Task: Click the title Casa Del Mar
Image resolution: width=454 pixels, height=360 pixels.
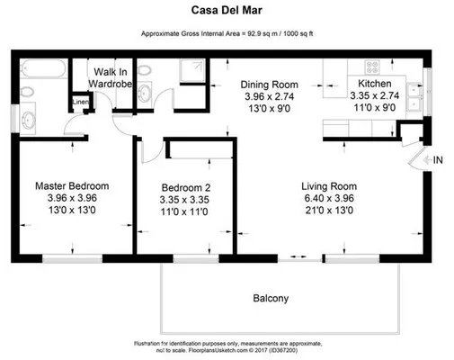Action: [x=227, y=13]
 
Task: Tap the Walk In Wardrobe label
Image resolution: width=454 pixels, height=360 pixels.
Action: [x=111, y=76]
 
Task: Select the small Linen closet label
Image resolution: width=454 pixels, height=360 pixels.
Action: [x=81, y=103]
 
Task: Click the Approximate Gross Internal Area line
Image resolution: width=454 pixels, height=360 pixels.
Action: [x=227, y=34]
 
